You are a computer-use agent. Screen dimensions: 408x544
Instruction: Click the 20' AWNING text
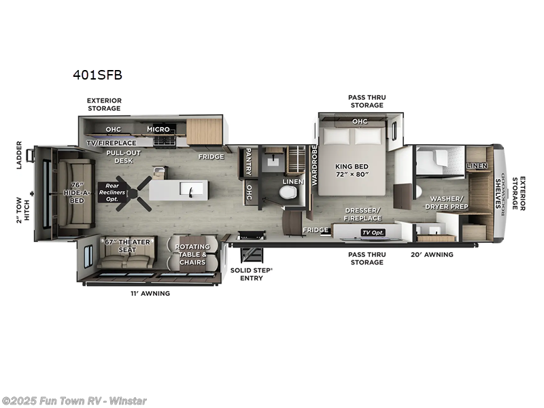point(432,254)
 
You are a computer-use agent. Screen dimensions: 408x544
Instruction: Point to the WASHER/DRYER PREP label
point(446,202)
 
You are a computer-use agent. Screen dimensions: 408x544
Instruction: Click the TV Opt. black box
point(372,232)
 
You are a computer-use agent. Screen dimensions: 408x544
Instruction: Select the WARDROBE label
point(314,165)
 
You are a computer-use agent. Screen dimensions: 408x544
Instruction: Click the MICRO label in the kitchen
point(158,129)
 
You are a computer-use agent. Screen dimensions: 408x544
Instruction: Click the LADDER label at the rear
point(20,154)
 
